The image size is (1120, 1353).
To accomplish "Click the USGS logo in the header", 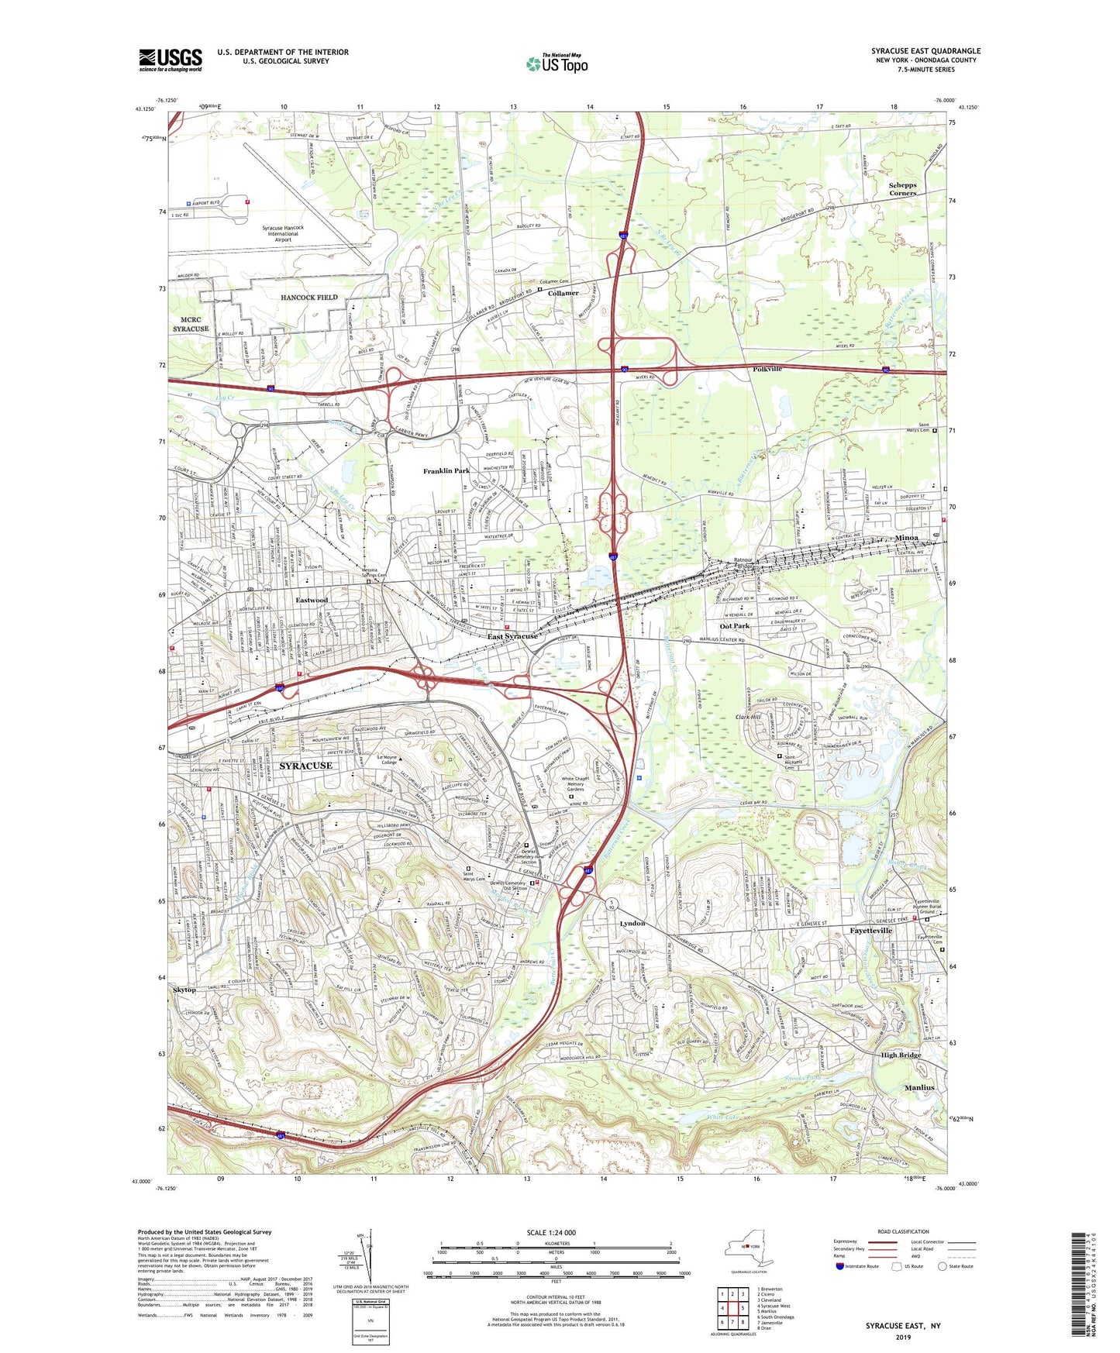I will [x=171, y=60].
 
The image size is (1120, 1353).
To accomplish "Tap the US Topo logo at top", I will [x=557, y=64].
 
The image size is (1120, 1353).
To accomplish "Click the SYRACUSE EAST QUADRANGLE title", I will [x=925, y=51].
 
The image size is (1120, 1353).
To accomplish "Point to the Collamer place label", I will [x=563, y=294].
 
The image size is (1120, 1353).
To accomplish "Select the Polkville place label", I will [x=767, y=369].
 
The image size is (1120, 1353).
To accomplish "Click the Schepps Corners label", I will [x=902, y=189].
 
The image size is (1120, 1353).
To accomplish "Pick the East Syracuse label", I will [x=512, y=636].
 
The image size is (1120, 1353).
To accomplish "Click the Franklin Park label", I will [x=446, y=471].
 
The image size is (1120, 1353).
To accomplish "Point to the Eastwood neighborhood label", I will [x=312, y=600].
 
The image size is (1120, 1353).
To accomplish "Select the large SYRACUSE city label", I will [x=305, y=766].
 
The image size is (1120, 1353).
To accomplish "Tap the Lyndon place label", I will [x=632, y=924].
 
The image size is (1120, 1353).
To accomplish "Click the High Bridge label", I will [x=901, y=1055].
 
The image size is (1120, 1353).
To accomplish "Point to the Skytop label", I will [x=184, y=990].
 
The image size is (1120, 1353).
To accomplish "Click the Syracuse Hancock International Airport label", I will [x=283, y=233].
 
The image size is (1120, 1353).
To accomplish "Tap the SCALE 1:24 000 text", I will [x=551, y=1232].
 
